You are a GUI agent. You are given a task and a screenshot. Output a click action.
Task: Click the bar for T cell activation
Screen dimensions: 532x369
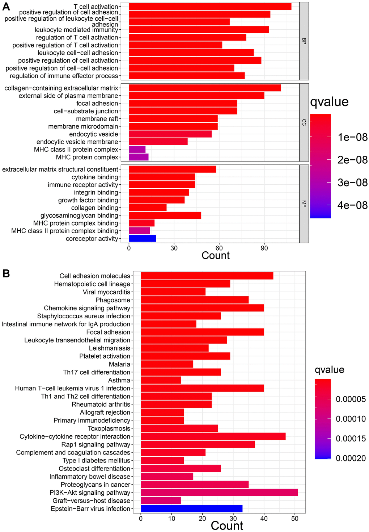click(x=210, y=7)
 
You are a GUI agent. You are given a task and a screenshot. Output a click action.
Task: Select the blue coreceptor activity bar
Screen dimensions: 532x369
click(x=142, y=238)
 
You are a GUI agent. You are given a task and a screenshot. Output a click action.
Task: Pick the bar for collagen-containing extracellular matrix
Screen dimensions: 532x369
click(x=204, y=88)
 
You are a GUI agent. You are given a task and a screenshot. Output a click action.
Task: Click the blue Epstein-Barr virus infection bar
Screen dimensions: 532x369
click(x=191, y=508)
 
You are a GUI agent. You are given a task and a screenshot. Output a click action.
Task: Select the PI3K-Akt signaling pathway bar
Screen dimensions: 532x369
click(x=219, y=493)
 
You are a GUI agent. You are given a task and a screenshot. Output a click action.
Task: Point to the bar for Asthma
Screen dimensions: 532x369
click(x=161, y=380)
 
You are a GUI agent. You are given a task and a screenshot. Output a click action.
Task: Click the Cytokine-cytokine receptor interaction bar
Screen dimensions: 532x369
click(x=213, y=436)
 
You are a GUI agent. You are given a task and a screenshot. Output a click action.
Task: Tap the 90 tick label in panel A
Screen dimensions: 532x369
click(x=264, y=248)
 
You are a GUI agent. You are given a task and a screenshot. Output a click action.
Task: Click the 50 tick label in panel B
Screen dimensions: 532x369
click(x=295, y=518)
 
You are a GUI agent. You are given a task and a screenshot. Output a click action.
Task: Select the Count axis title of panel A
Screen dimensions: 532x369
click(x=216, y=256)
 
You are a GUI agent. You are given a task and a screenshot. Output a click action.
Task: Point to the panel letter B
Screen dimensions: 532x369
click(x=6, y=273)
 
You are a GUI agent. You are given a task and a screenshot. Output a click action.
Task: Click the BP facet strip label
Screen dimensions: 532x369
click(x=304, y=41)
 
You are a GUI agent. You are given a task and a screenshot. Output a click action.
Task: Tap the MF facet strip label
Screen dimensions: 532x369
click(x=304, y=204)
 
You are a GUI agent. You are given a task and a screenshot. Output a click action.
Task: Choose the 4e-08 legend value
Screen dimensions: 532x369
click(x=352, y=205)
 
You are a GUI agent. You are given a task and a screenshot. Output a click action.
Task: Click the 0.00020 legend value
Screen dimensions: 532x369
click(x=351, y=458)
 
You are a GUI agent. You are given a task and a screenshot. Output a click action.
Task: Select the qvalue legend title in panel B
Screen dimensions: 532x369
click(x=329, y=370)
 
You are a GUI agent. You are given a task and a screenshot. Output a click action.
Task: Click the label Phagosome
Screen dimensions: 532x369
click(x=113, y=300)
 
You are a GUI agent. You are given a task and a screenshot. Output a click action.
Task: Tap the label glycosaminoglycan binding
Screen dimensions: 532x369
click(x=79, y=215)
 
